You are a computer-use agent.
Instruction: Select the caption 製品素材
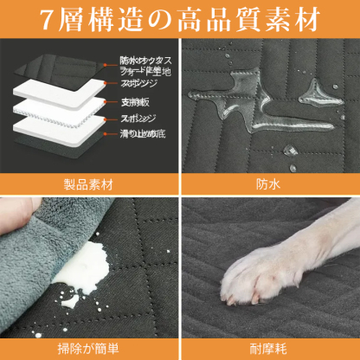click(x=89, y=184)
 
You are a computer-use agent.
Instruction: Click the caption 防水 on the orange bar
click(x=270, y=184)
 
